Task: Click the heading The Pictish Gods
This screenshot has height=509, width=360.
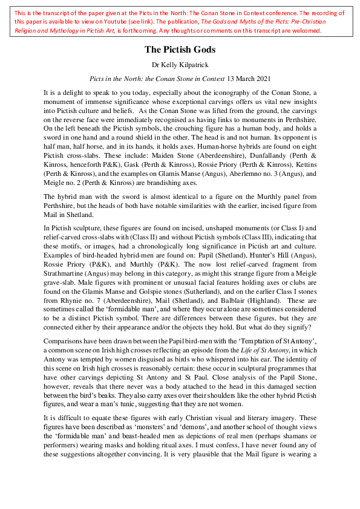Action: [179, 50]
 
